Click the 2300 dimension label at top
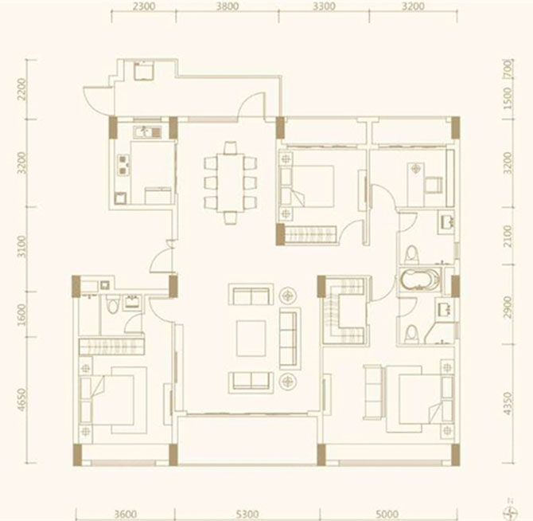[x=145, y=6]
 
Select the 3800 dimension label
[x=228, y=6]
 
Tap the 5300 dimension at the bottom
[x=247, y=513]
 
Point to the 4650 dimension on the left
[x=21, y=400]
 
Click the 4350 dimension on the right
[x=508, y=404]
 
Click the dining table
[x=231, y=182]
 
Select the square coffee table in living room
[x=251, y=339]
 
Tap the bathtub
[x=420, y=280]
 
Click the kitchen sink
[x=147, y=131]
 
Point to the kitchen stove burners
[x=123, y=164]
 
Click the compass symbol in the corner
[x=511, y=513]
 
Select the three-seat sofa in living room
[x=290, y=339]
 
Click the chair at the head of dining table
[x=231, y=147]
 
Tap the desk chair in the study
[x=433, y=185]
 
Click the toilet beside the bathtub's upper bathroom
[x=411, y=254]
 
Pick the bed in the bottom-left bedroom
[x=112, y=400]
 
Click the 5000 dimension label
[x=387, y=513]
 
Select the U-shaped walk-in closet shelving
[x=344, y=311]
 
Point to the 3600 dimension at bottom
[x=125, y=513]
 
